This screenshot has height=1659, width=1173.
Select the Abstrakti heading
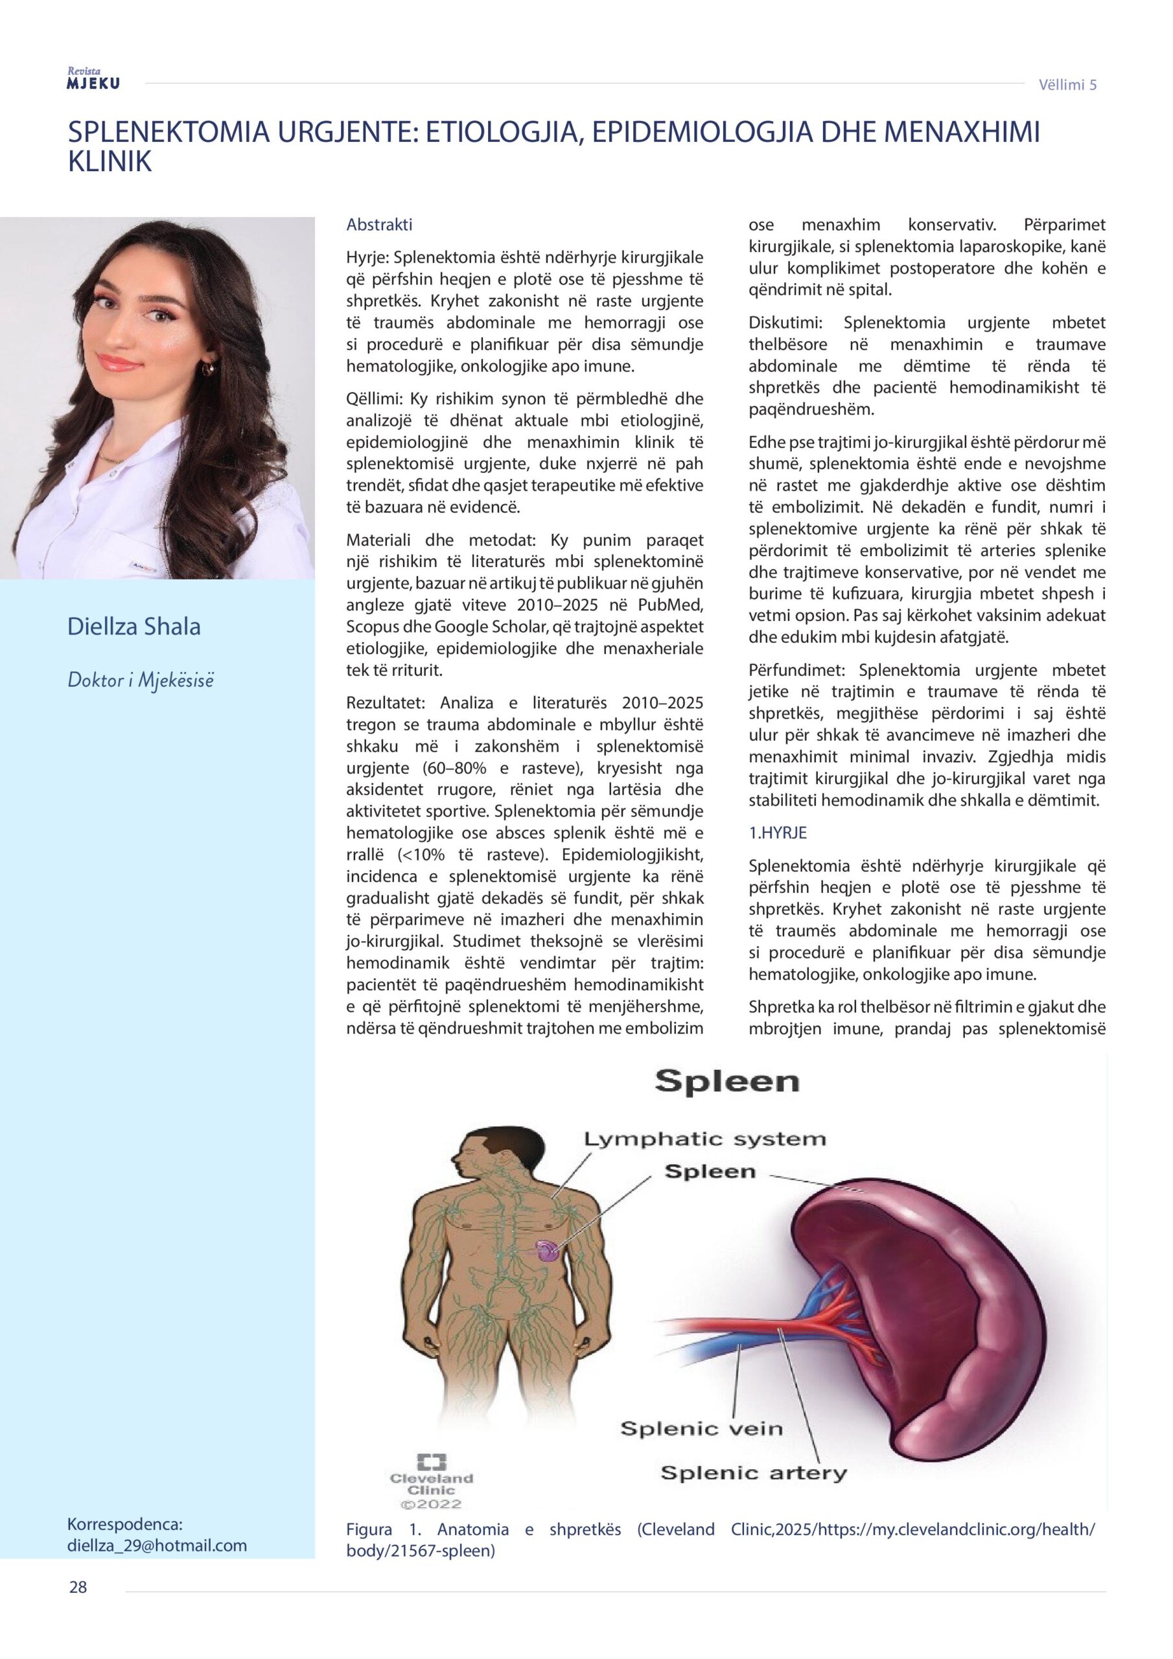(379, 225)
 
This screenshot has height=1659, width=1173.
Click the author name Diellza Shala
(134, 627)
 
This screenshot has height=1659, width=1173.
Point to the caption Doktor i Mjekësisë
(141, 680)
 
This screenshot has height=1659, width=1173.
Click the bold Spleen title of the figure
(726, 1082)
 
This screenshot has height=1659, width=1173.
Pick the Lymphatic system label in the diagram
(704, 1139)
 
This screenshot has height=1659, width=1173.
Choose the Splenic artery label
(753, 1472)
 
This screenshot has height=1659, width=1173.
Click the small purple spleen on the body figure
(546, 1250)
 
